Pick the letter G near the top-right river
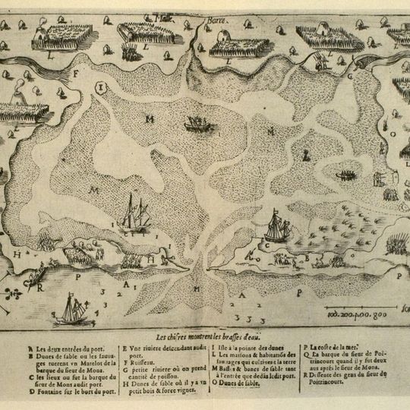tap(351, 75)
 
